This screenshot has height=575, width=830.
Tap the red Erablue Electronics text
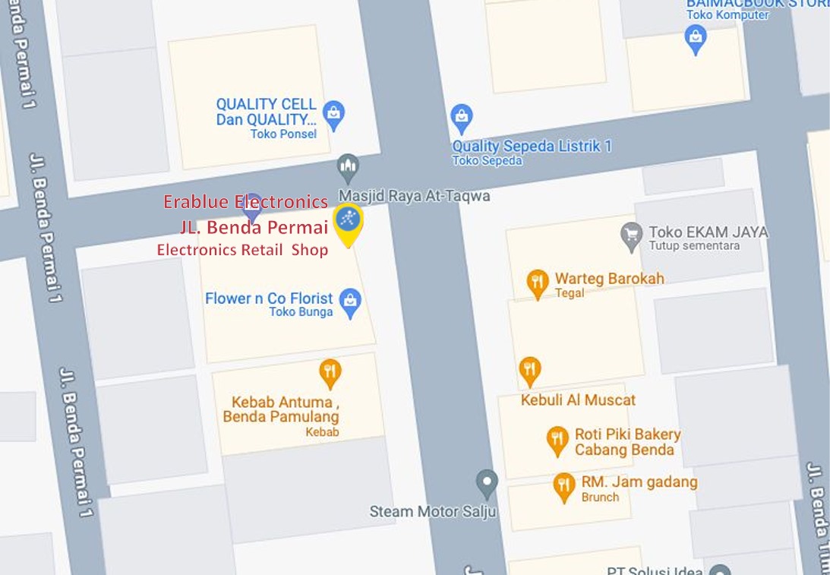pos(245,202)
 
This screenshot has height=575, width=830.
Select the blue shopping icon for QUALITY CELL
pos(333,114)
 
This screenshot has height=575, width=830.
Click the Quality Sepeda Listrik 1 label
pos(532,146)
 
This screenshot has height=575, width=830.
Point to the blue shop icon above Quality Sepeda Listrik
pos(461,118)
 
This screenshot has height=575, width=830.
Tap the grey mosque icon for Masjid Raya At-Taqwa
pos(348,166)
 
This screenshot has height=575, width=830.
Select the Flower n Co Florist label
pos(269,299)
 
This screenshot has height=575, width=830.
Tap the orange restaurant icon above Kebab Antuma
pos(330,371)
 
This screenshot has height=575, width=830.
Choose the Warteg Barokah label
pos(609,278)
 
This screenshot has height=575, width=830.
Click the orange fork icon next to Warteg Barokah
pos(538,283)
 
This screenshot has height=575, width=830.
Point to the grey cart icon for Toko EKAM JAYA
pos(631,235)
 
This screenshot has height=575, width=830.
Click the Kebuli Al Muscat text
pos(578,400)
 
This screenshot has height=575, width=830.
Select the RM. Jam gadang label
pos(639,482)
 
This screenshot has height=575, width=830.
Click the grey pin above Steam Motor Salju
pos(486,482)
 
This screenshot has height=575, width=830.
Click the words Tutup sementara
pos(694,246)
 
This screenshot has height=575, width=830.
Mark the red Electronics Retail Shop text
pos(242,250)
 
